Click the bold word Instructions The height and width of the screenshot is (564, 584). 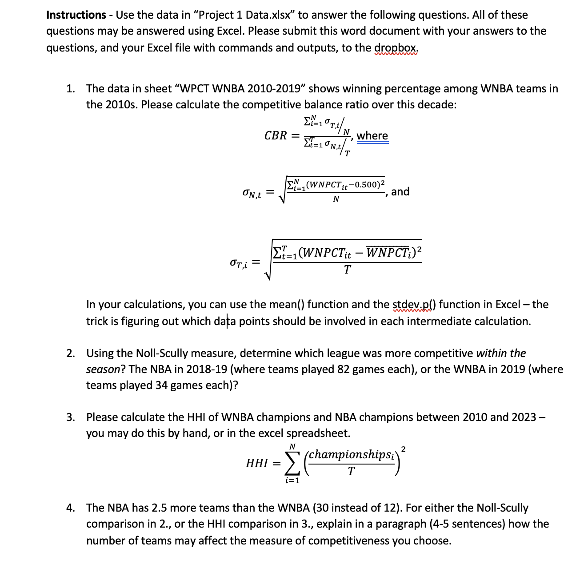point(76,15)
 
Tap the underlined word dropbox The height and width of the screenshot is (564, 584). point(396,48)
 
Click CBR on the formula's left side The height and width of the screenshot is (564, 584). point(276,135)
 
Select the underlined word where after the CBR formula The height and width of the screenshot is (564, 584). point(372,135)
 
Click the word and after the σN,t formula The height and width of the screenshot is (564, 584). point(400,191)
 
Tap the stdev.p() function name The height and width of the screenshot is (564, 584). point(414,304)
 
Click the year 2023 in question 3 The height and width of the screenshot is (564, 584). point(524,417)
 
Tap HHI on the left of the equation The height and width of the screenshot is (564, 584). point(257,463)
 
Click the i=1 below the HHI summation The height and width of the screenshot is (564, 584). point(292,481)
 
